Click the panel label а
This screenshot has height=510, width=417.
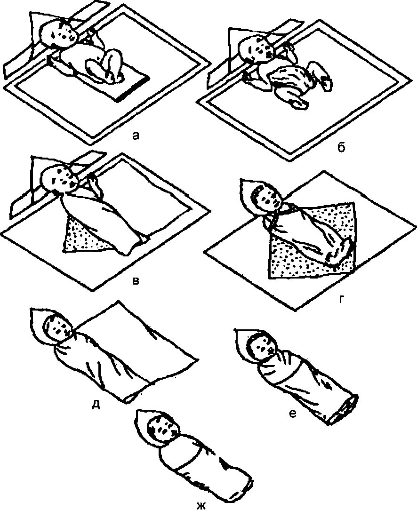136,136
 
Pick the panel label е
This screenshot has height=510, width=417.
292,414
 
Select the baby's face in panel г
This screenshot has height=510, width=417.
267,199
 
